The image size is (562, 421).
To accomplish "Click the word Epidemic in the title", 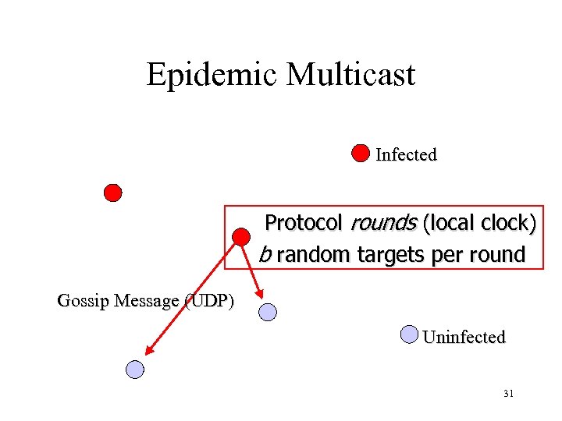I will [x=212, y=76].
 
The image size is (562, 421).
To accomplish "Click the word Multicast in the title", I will [x=350, y=76].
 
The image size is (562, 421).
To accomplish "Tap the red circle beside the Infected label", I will [x=360, y=153].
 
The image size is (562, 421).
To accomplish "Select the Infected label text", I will [x=406, y=154].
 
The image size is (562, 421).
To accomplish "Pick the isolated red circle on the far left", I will [x=113, y=192].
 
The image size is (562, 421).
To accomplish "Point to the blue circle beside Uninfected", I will [x=409, y=334].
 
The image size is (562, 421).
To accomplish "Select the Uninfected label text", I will [x=464, y=338].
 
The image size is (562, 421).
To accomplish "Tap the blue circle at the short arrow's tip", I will [x=268, y=312].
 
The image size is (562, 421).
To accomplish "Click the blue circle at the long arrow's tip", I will [x=136, y=370].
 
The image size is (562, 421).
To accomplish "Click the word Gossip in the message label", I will [x=84, y=301].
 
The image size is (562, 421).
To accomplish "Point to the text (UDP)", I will [x=208, y=301].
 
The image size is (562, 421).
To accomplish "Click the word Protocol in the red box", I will [x=303, y=223].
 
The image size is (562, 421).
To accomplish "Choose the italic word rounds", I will [x=383, y=223].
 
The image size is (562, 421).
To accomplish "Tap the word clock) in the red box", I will [x=507, y=223].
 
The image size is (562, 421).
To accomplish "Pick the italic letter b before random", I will [x=265, y=254].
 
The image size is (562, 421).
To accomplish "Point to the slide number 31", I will [x=508, y=394].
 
